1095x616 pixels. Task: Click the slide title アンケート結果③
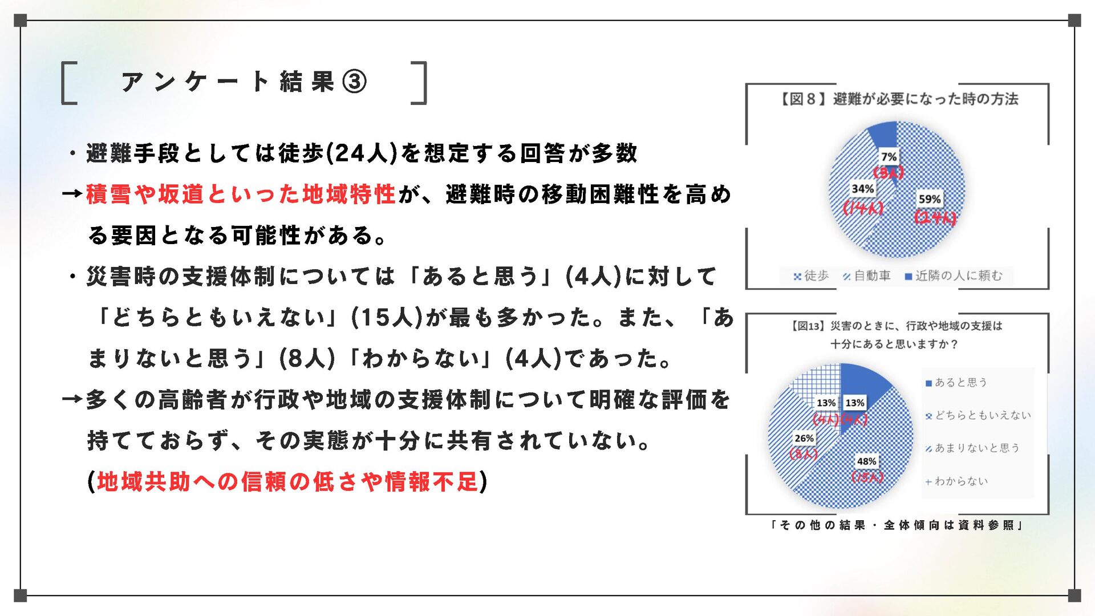click(244, 82)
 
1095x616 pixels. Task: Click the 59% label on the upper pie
click(929, 199)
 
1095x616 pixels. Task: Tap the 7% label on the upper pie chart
click(889, 157)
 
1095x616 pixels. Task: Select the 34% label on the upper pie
click(862, 189)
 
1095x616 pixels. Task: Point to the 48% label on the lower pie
click(866, 461)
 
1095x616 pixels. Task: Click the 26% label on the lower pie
click(804, 438)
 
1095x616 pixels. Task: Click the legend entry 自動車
click(866, 276)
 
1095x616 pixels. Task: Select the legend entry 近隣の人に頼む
click(953, 276)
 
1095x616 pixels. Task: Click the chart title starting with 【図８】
click(898, 99)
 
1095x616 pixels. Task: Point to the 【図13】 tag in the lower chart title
click(808, 326)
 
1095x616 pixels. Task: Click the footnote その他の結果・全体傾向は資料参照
click(897, 525)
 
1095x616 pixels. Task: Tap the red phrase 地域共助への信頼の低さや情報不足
click(287, 482)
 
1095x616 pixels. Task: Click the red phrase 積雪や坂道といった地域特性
click(241, 194)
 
